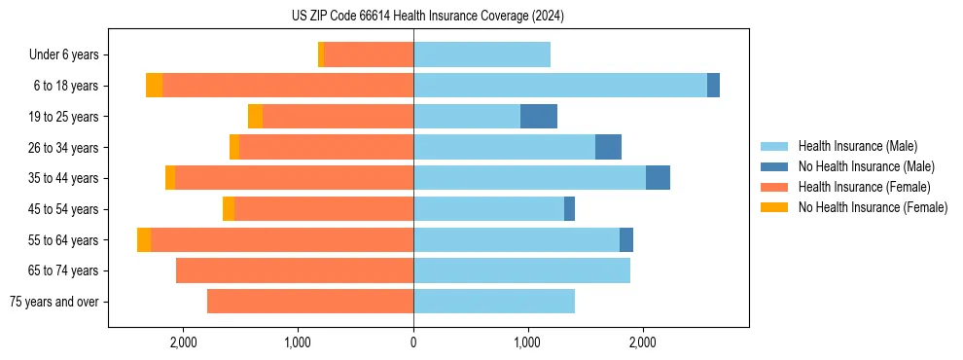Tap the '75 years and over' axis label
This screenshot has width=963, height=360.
click(x=53, y=302)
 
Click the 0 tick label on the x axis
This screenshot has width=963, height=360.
click(x=413, y=342)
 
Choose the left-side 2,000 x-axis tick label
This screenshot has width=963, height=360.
click(x=184, y=342)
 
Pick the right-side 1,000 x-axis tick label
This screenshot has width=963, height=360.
click(x=527, y=342)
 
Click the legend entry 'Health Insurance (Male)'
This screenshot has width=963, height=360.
click(x=852, y=146)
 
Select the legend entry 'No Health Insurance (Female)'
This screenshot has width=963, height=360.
click(x=873, y=207)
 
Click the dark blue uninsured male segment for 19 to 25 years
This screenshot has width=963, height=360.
click(x=539, y=117)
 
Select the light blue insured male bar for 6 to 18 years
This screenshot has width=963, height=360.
click(x=560, y=86)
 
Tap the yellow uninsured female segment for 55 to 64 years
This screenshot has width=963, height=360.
click(x=144, y=239)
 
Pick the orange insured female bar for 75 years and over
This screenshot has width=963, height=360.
click(x=310, y=302)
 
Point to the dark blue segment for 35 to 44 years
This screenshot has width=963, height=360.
click(x=658, y=178)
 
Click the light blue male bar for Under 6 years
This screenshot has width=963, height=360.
click(x=481, y=54)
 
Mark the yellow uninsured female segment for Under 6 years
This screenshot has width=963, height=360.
click(x=321, y=54)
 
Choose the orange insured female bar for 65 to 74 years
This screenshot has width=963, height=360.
click(x=295, y=270)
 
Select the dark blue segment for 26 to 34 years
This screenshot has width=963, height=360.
click(x=608, y=147)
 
